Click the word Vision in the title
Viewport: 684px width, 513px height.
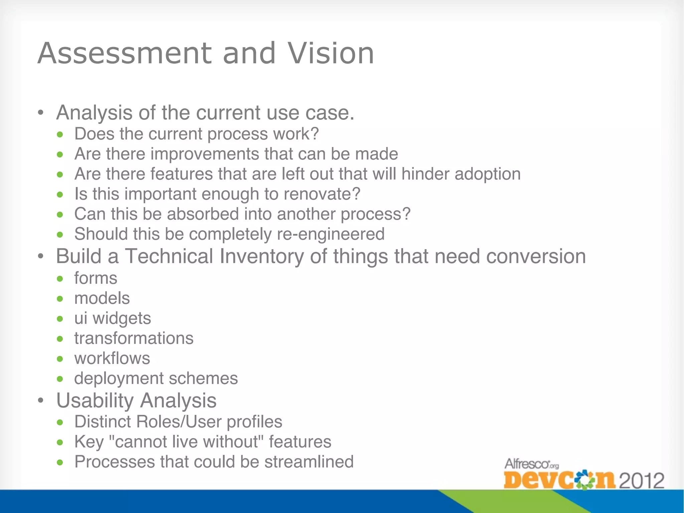coord(331,53)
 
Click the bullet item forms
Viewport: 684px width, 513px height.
coord(96,278)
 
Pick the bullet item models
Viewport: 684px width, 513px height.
coord(102,298)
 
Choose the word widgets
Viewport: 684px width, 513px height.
coord(122,318)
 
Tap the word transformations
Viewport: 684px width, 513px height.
coord(134,338)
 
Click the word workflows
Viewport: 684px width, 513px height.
coord(112,358)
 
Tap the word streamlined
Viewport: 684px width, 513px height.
coord(309,462)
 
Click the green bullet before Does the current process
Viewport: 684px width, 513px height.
coord(60,135)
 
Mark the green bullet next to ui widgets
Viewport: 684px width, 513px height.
coord(60,319)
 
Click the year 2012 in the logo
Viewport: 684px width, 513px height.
coord(642,481)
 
